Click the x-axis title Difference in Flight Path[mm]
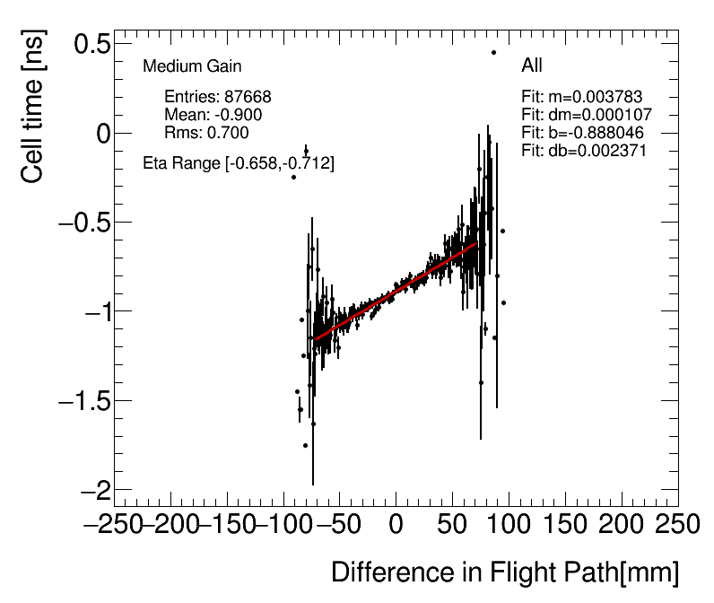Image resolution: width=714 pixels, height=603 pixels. click(x=505, y=572)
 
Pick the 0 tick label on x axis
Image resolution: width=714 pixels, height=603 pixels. click(x=396, y=523)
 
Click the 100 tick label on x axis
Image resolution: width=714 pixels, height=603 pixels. click(x=509, y=523)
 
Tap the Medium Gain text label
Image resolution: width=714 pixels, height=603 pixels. click(x=192, y=66)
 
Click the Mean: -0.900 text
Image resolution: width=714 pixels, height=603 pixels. click(x=213, y=115)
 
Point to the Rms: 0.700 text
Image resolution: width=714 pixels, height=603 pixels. click(x=206, y=133)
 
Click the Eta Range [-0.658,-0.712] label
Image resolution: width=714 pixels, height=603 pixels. click(x=239, y=163)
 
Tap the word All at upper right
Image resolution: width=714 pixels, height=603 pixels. click(x=532, y=66)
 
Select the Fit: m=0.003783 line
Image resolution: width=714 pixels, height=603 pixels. click(x=582, y=97)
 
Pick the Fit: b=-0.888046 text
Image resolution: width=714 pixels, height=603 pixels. click(x=582, y=133)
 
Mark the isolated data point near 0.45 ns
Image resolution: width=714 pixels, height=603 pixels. click(x=493, y=52)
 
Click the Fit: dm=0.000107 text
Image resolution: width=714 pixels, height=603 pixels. click(x=586, y=115)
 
